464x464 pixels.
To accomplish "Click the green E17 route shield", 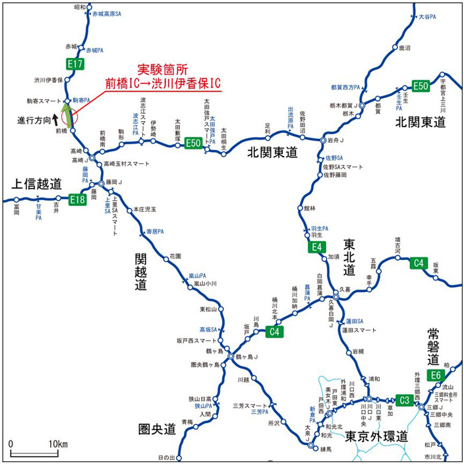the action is point(74,64).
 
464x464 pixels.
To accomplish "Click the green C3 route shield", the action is point(405,399).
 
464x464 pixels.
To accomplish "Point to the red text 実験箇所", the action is point(161,70).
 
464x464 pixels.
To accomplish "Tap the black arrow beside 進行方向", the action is point(55,122).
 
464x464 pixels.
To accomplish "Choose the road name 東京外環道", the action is point(376,436).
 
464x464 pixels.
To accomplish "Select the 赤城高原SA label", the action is point(108,13).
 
